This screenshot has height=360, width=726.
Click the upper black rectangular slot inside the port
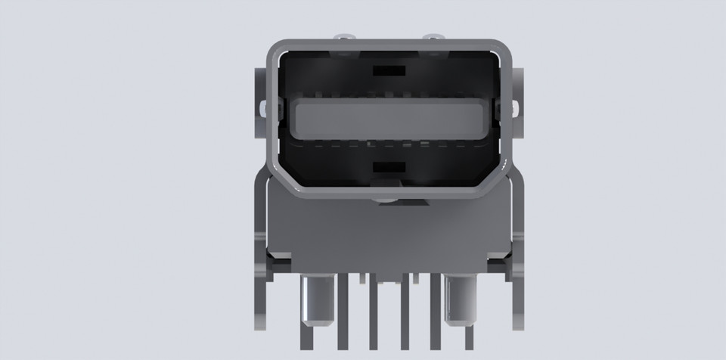click(389, 71)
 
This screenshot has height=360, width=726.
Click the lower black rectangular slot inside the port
click(389, 167)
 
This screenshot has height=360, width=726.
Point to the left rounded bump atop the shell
click(346, 37)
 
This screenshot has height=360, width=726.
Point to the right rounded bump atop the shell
click(432, 37)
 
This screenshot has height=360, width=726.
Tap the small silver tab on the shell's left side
click(262, 107)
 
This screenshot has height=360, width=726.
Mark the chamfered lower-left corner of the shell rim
click(286, 178)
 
